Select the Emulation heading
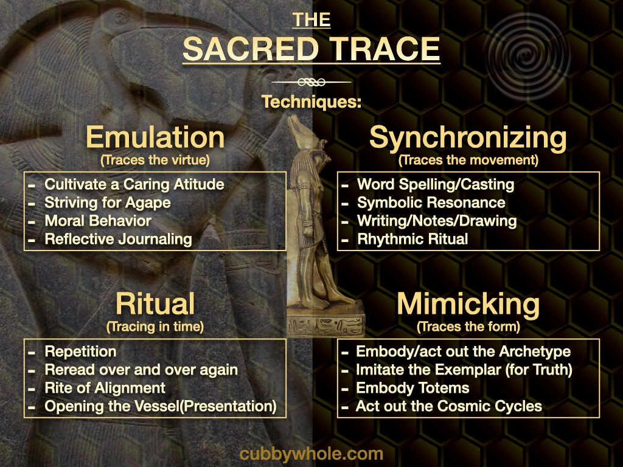click(155, 137)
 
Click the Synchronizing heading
click(468, 138)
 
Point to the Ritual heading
click(155, 304)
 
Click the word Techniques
click(311, 102)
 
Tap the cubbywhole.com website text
click(311, 454)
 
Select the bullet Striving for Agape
click(108, 203)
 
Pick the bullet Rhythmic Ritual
click(412, 239)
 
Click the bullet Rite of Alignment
click(105, 388)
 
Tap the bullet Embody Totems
click(412, 388)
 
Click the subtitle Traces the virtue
click(155, 160)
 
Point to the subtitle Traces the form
click(468, 327)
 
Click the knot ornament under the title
click(311, 82)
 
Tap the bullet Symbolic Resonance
click(431, 203)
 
